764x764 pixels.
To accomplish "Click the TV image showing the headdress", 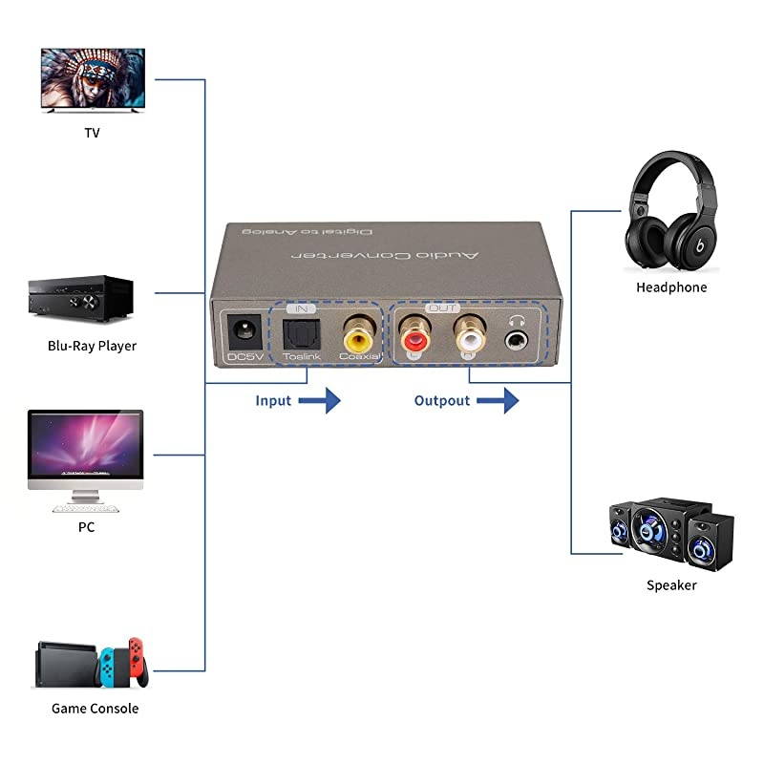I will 92,80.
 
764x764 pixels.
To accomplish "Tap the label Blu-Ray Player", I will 92,346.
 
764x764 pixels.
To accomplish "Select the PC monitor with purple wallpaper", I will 86,448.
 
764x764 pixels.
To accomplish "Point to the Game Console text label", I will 95,709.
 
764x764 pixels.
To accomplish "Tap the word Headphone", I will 671,286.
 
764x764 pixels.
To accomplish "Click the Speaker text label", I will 671,584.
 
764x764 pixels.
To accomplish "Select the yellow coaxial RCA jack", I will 359,336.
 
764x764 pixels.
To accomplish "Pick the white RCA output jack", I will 469,336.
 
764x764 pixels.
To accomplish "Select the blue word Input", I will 273,400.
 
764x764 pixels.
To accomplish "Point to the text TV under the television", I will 92,133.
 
